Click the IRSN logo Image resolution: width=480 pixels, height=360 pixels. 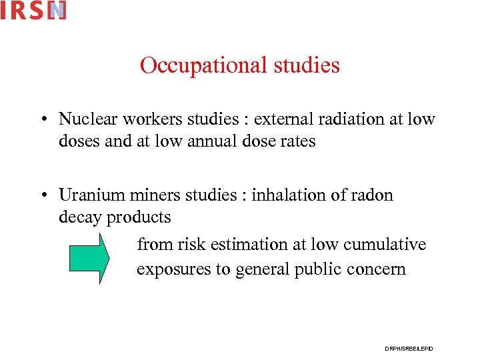tap(33, 11)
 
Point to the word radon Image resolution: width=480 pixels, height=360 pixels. tap(371, 195)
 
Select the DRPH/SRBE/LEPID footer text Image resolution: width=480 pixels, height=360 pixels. tap(409, 349)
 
